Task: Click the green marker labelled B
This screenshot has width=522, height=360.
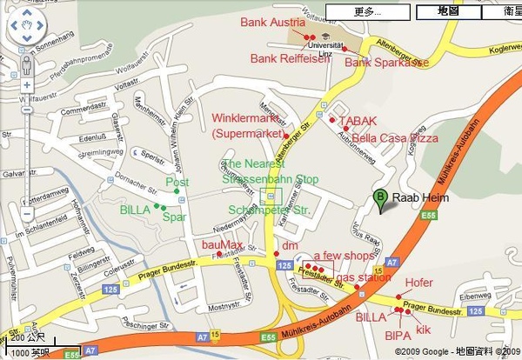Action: (379, 199)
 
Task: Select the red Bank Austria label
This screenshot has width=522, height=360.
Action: (272, 22)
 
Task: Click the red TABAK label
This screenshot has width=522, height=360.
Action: (358, 120)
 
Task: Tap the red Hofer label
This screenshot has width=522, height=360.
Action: (418, 283)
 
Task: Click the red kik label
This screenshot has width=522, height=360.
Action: (424, 330)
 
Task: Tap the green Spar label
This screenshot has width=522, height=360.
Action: (175, 217)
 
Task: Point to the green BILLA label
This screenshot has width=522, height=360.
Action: (135, 210)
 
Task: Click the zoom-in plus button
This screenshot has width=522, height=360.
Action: (26, 85)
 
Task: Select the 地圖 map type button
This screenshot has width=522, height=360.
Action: (448, 11)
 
